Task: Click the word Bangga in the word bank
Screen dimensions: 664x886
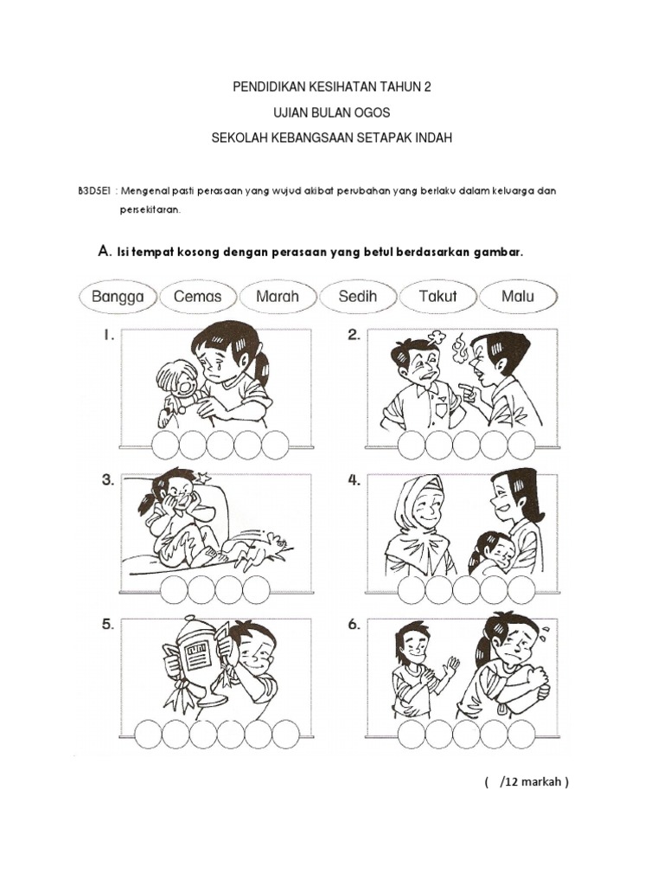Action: pyautogui.click(x=118, y=297)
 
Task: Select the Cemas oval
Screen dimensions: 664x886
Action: pyautogui.click(x=198, y=297)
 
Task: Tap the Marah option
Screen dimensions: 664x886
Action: pyautogui.click(x=278, y=297)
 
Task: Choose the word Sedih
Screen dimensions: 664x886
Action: pyautogui.click(x=357, y=297)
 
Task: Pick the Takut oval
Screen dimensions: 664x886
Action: pyautogui.click(x=437, y=297)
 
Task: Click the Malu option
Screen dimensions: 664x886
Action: pyautogui.click(x=518, y=297)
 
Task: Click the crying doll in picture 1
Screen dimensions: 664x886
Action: pyautogui.click(x=176, y=391)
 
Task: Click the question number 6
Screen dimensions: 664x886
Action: pyautogui.click(x=354, y=625)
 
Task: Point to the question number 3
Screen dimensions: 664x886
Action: pyautogui.click(x=108, y=480)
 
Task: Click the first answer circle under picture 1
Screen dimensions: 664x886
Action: pyautogui.click(x=165, y=446)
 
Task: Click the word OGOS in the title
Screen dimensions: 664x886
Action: pyautogui.click(x=372, y=112)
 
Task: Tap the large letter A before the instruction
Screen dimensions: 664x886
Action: pyautogui.click(x=104, y=251)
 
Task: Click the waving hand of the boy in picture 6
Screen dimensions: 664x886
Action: pyautogui.click(x=451, y=664)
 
